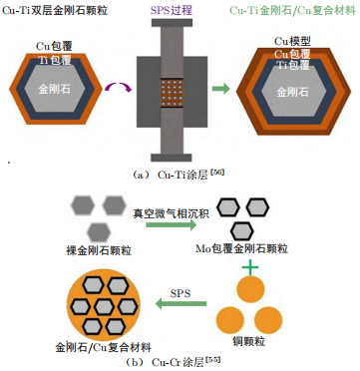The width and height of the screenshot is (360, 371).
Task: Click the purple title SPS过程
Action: (x=172, y=10)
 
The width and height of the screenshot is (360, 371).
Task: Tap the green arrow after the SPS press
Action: (x=221, y=89)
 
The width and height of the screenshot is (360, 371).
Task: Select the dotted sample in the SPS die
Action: (x=172, y=93)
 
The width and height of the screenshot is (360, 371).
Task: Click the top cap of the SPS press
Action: (x=172, y=23)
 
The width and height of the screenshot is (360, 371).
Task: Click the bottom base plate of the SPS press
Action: (x=172, y=157)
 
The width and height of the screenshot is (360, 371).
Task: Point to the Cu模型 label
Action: (x=292, y=41)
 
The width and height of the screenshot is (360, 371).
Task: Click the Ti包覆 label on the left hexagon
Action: (x=55, y=60)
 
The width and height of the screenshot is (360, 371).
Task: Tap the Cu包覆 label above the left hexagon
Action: (x=54, y=46)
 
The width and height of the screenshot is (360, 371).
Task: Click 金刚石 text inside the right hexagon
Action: (x=292, y=92)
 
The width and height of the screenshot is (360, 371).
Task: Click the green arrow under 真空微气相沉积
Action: (x=172, y=225)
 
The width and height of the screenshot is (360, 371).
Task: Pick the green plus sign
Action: (x=250, y=267)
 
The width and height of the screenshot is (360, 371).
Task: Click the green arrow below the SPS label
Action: (x=181, y=303)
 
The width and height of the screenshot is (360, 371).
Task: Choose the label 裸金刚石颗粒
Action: (x=99, y=250)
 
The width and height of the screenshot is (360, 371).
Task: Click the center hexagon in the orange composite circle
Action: (x=104, y=306)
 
